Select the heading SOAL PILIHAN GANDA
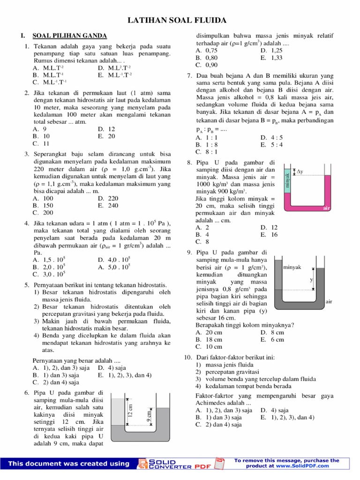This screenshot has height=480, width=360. (69, 36)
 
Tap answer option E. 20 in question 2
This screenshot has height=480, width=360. (106, 136)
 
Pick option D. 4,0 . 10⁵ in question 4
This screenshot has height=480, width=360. (114, 259)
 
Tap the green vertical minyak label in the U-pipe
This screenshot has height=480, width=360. (287, 180)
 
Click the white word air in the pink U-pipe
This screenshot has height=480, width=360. (327, 207)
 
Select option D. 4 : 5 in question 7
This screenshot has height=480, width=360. (271, 138)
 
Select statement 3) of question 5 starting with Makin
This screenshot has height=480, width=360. (101, 321)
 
